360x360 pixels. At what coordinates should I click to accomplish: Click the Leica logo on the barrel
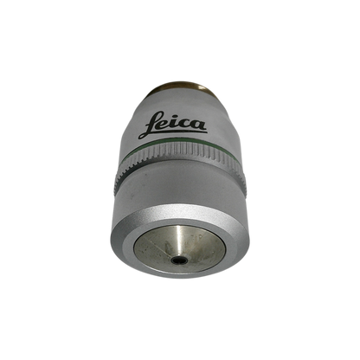173,125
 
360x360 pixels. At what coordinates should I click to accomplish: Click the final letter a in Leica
199,125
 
